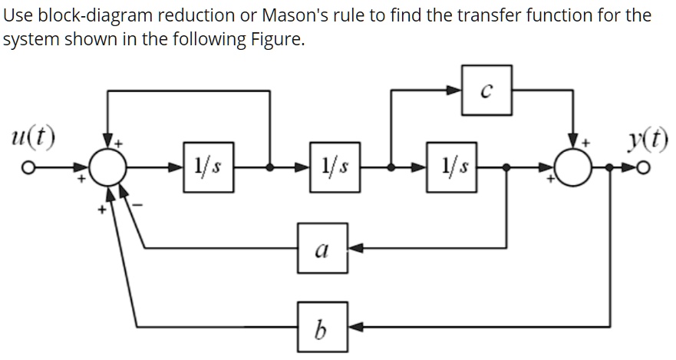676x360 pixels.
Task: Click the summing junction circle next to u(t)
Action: tap(107, 165)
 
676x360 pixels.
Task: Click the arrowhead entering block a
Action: tap(357, 248)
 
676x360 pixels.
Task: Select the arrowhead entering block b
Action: tap(357, 325)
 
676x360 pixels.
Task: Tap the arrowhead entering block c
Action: tap(457, 91)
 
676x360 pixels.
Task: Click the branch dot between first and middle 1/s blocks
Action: tap(269, 165)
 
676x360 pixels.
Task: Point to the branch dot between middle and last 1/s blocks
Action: tap(391, 165)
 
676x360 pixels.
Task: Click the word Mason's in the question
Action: tap(277, 15)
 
